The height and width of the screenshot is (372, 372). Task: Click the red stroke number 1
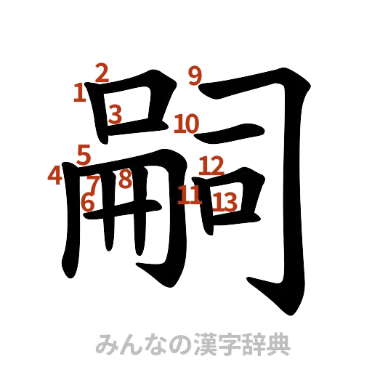[x=79, y=92]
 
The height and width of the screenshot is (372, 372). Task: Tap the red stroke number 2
[x=102, y=71]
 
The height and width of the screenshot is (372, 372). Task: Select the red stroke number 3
[x=115, y=113]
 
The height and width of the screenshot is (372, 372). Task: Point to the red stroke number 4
[x=54, y=175]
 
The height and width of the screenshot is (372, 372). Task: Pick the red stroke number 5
[x=84, y=154]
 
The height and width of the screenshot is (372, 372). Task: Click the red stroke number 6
[x=87, y=203]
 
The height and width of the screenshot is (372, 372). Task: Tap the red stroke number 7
[x=93, y=183]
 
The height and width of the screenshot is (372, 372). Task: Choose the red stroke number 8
[x=124, y=179]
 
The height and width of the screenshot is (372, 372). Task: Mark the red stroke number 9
[x=194, y=75]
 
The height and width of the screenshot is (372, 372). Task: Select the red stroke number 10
[x=186, y=124]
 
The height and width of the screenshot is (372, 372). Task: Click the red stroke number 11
[x=189, y=195]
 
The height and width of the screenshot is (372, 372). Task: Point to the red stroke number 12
[x=211, y=165]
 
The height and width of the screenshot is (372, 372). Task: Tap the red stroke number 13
[x=227, y=201]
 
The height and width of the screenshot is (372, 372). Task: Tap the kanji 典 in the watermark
[x=278, y=344]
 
